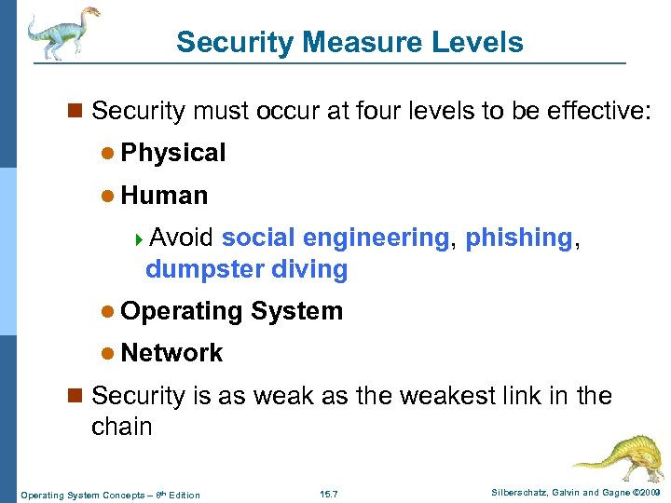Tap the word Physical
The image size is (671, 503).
click(x=173, y=153)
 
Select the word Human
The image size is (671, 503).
click(x=164, y=196)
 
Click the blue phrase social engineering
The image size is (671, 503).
click(x=335, y=238)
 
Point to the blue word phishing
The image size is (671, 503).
click(x=518, y=238)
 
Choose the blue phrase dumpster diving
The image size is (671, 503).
click(x=246, y=270)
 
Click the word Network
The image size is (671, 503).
click(x=171, y=353)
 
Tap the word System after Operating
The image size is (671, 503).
click(x=296, y=311)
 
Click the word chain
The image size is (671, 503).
click(x=121, y=427)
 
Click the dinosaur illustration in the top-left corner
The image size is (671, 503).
click(x=60, y=34)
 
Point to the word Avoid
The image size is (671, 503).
click(x=182, y=238)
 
